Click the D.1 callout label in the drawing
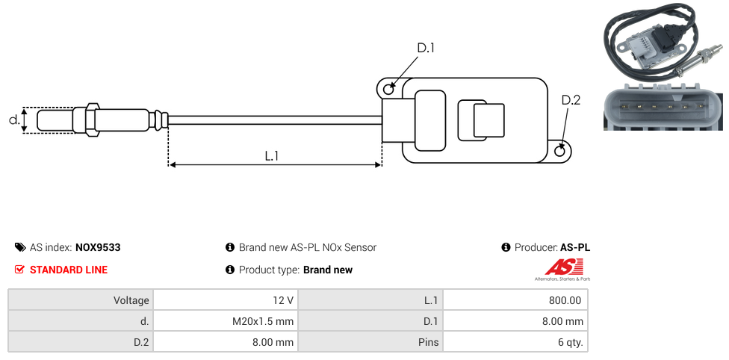(x=425, y=48)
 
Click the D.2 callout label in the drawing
(x=570, y=101)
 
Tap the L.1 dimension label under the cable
(x=272, y=156)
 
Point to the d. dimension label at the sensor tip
(x=13, y=120)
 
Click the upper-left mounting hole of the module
(x=388, y=90)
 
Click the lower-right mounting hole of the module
(x=561, y=152)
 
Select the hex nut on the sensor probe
(x=93, y=120)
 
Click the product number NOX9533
(x=98, y=247)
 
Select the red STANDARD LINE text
(x=69, y=270)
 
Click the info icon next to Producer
(x=506, y=247)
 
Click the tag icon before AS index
(x=20, y=247)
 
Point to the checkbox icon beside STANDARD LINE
(x=20, y=270)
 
